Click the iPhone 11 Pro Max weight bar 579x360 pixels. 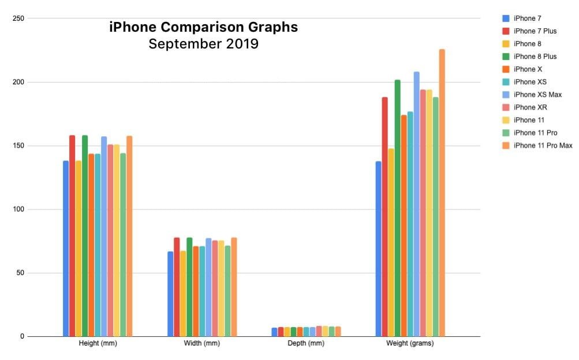point(442,193)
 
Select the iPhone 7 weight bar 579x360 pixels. point(379,249)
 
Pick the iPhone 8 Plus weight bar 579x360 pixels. point(398,208)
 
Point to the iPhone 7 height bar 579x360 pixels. point(66,248)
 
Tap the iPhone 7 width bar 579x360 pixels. point(170,294)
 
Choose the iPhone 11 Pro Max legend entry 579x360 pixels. point(543,145)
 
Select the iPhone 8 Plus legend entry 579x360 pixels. point(535,57)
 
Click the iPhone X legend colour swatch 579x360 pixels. point(506,69)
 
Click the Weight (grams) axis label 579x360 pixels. point(410,344)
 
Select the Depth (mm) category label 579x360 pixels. point(306,344)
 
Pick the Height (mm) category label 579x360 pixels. point(98,344)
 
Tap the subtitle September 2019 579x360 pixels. point(203,44)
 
